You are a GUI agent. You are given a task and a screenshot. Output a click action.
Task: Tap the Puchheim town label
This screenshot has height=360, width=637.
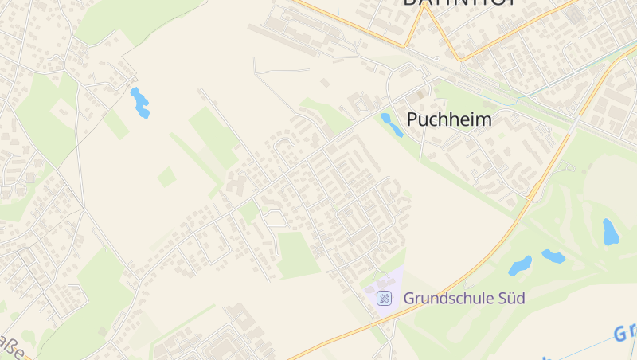[449, 120]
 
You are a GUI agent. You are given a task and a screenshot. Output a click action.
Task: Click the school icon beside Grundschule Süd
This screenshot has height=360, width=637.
[385, 299]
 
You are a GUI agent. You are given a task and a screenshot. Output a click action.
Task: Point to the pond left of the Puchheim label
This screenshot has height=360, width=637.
[392, 124]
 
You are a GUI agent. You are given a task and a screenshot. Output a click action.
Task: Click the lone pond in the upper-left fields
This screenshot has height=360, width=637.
[140, 103]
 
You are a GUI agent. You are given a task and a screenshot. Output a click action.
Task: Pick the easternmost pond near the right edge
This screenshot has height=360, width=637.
[611, 232]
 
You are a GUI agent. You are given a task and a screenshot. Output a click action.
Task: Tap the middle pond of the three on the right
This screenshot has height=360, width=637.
[553, 256]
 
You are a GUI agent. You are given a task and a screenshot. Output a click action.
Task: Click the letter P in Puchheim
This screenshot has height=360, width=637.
[413, 120]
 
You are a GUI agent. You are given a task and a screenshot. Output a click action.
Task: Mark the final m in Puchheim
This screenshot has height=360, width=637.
[483, 120]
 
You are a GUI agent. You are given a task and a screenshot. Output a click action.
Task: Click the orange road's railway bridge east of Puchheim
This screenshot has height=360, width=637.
[575, 123]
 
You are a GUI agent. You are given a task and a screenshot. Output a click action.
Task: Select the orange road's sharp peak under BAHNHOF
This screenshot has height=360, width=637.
[460, 60]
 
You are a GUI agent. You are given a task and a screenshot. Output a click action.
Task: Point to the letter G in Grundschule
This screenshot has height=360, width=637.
[409, 299]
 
